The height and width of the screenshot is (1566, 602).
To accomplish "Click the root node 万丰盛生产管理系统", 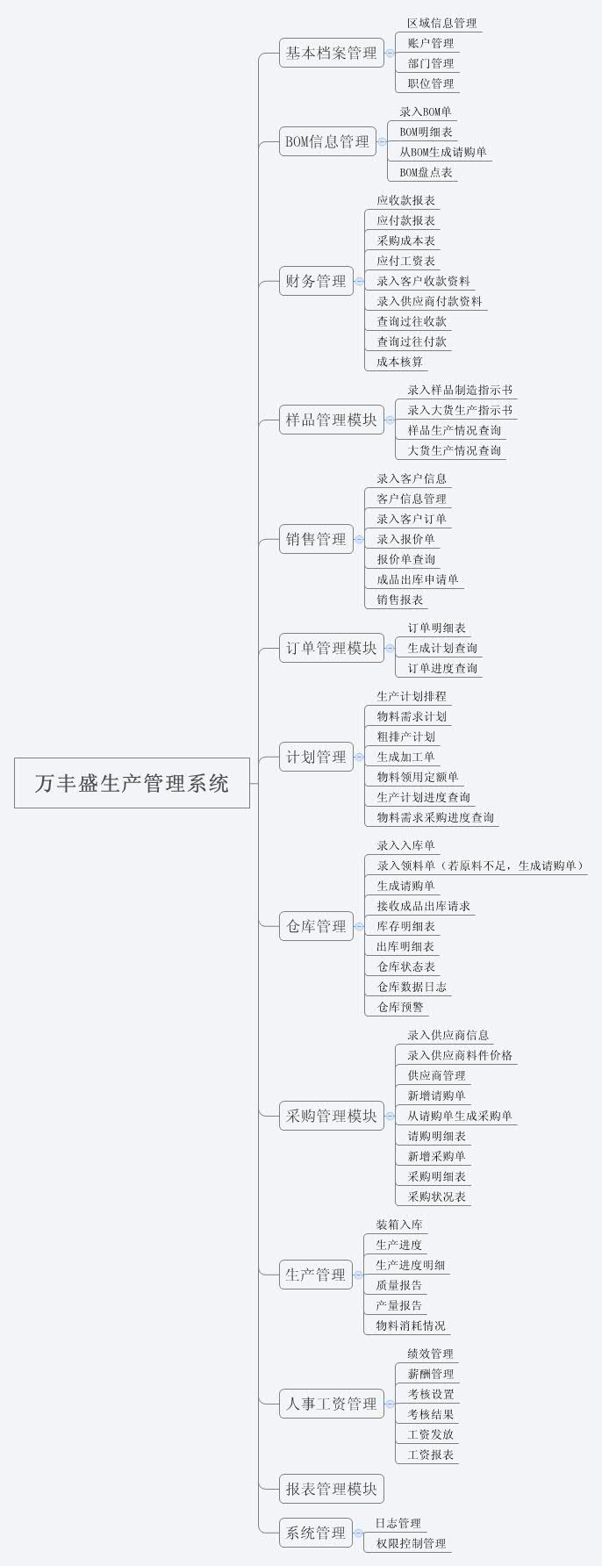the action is [x=132, y=782].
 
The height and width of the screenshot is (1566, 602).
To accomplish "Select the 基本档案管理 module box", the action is [x=332, y=53].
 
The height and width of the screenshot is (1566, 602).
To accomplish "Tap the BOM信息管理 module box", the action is [x=327, y=141].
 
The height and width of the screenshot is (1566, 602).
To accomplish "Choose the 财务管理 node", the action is [x=316, y=281].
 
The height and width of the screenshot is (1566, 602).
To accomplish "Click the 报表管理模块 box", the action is [x=332, y=1488].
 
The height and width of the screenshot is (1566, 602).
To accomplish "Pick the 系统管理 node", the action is [x=316, y=1533].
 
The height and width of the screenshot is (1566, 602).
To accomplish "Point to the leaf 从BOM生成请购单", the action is [x=443, y=152].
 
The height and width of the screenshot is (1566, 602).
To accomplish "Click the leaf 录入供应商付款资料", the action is [x=429, y=301].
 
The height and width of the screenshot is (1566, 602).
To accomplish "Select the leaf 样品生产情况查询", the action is [x=455, y=430].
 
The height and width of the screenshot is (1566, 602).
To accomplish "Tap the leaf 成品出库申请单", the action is [x=418, y=579].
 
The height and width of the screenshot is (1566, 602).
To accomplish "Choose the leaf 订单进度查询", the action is [x=442, y=668].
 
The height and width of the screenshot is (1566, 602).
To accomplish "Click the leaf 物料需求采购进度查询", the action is [x=435, y=817].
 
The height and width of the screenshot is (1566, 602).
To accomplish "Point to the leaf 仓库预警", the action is [x=400, y=1007].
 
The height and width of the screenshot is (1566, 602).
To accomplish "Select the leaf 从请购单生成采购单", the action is [x=460, y=1116].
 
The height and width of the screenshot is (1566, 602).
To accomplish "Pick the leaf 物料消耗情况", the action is [x=411, y=1325].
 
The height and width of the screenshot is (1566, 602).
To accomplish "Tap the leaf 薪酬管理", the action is [x=430, y=1374].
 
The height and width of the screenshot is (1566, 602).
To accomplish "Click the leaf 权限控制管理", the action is [x=411, y=1543].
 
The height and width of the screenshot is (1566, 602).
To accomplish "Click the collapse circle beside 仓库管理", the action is [x=359, y=926].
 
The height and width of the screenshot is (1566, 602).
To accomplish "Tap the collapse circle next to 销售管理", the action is [x=359, y=539].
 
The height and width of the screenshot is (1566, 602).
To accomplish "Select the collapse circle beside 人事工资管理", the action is [x=390, y=1404].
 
